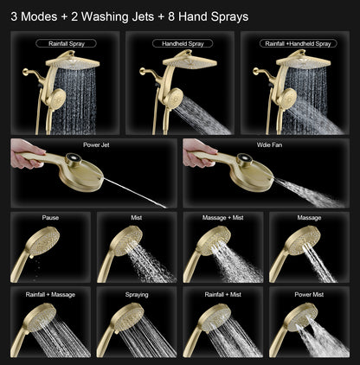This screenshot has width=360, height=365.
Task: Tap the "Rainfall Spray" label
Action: pos(66,42)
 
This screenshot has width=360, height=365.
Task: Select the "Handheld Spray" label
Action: pos(182,42)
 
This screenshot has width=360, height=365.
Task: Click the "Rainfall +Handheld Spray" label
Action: pos(298,42)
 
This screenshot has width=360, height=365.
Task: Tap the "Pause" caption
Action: pos(50,219)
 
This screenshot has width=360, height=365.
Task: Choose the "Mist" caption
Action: pos(137,219)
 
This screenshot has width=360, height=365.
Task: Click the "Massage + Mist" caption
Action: pos(223,219)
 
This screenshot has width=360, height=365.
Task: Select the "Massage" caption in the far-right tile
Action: pos(309,219)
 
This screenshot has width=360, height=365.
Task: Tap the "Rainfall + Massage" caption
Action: pos(50,294)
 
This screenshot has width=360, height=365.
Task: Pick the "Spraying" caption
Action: pos(137,294)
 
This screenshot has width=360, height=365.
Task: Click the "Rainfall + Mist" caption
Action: pos(223,294)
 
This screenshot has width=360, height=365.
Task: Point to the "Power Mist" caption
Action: pos(309,294)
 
